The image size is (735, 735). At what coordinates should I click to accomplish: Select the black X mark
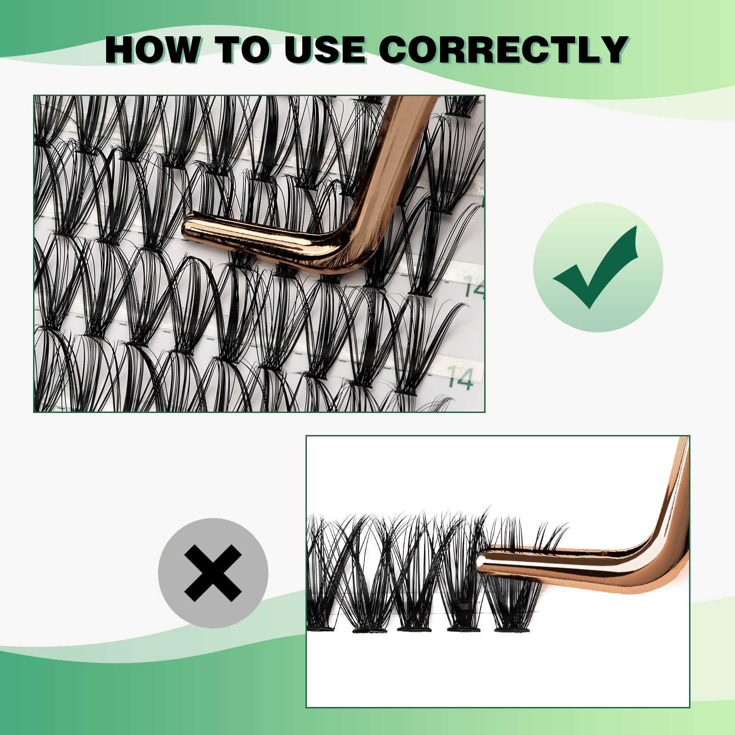[213, 572]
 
